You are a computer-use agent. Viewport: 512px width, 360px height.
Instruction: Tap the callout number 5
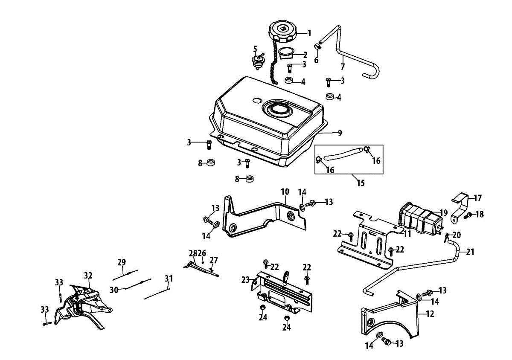255,49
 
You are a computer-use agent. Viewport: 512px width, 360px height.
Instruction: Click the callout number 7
342,67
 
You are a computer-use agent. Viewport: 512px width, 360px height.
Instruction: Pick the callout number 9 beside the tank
340,133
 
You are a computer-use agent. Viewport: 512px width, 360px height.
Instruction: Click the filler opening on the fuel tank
278,110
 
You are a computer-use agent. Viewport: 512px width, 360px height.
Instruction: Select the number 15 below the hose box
361,183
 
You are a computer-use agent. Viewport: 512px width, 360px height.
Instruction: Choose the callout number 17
477,198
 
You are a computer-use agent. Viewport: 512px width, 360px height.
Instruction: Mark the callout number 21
470,252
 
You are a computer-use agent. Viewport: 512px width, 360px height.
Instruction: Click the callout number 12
430,314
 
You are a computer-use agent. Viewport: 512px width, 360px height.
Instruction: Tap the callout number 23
245,280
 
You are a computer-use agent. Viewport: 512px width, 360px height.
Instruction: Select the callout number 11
407,234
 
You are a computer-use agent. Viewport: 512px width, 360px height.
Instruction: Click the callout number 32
88,276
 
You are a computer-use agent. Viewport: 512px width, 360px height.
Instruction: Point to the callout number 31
169,279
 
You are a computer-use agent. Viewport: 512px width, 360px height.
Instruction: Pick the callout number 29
122,262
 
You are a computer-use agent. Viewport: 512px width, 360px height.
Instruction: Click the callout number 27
213,260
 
